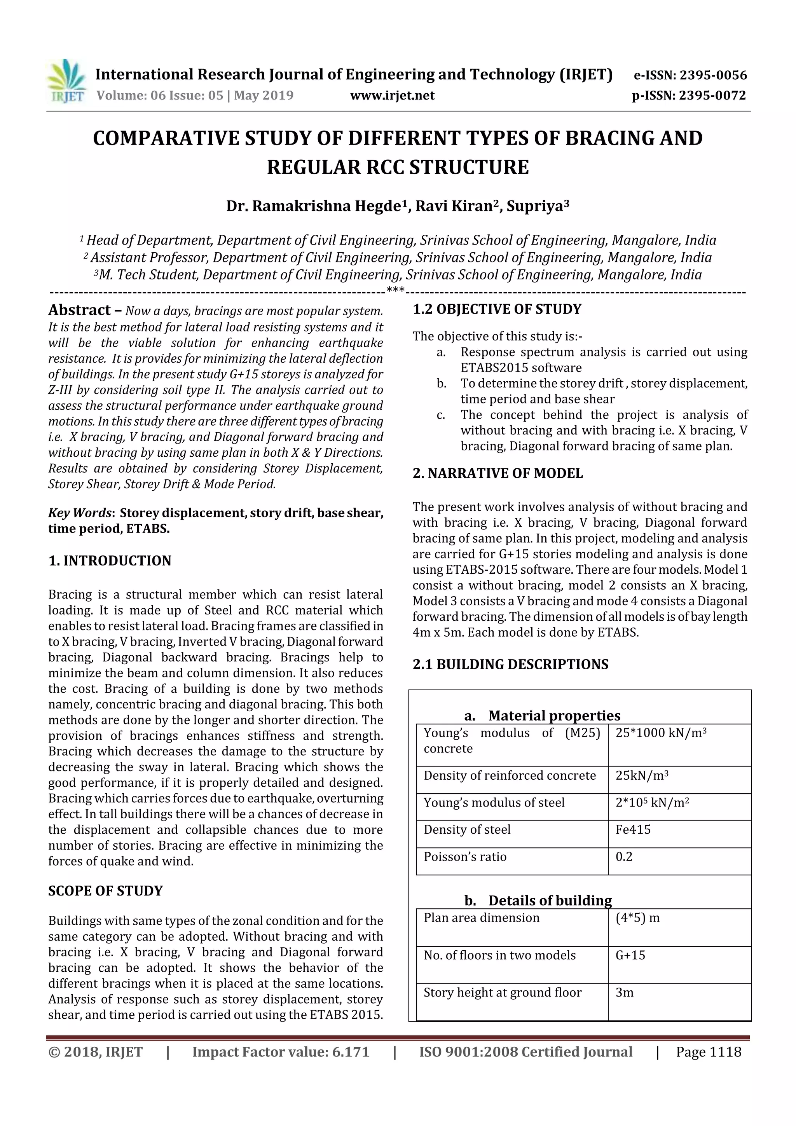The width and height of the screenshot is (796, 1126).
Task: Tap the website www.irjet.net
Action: (x=392, y=96)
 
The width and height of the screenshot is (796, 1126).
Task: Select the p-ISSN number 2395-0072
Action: (x=712, y=96)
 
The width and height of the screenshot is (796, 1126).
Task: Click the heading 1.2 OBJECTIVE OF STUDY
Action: (x=497, y=309)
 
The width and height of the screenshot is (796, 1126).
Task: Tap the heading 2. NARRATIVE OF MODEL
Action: (x=497, y=473)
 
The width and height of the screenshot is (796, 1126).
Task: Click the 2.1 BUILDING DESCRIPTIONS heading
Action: (x=510, y=665)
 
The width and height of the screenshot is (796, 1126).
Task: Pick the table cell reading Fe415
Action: (x=633, y=829)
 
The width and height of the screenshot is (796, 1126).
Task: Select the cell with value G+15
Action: (x=630, y=955)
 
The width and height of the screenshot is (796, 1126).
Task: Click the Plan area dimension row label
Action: (x=481, y=918)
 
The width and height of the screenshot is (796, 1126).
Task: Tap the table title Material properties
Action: (x=554, y=716)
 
